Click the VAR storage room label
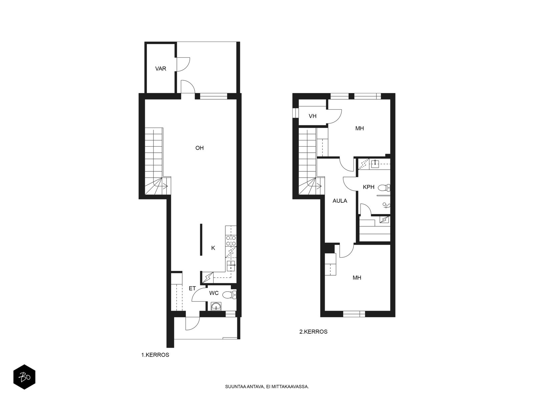(x=161, y=69)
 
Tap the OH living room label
(x=199, y=148)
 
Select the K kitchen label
(x=213, y=248)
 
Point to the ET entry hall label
(x=192, y=288)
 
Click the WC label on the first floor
(x=214, y=293)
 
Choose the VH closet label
(x=313, y=116)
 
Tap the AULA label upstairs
(x=340, y=201)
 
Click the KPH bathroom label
(x=368, y=187)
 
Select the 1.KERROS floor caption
(x=155, y=355)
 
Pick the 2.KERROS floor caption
(x=313, y=332)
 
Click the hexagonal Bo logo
(x=24, y=377)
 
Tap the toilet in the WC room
(x=229, y=295)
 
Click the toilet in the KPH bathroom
(x=384, y=187)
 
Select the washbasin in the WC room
(x=216, y=306)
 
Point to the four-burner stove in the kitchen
(x=231, y=240)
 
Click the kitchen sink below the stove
(x=231, y=266)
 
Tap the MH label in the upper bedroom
(x=359, y=128)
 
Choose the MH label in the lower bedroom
(x=357, y=278)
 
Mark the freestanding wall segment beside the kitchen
(x=201, y=239)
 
